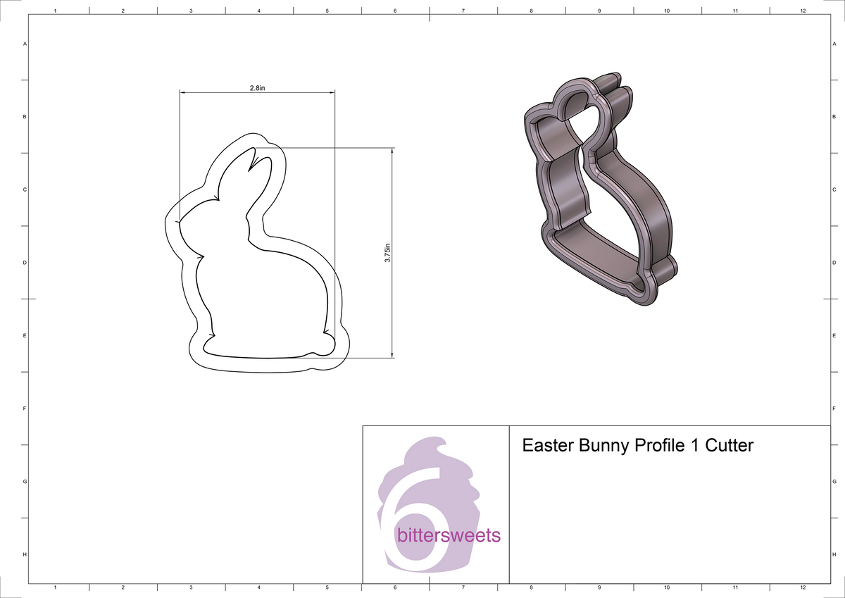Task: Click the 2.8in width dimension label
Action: coord(257,88)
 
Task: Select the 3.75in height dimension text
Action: coord(387,253)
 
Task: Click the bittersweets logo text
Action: coord(449,535)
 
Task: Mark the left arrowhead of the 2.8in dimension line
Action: coord(182,92)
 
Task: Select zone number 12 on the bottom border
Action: coord(803,587)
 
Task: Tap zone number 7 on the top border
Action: coord(463,11)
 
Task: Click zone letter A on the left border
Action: coord(25,44)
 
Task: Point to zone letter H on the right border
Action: coord(833,555)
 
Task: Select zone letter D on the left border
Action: coord(25,263)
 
